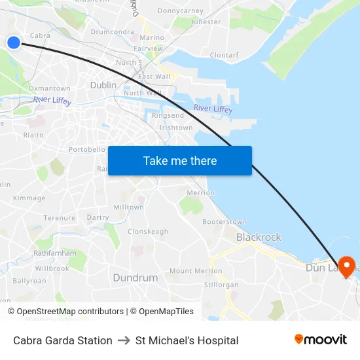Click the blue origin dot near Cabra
[x=14, y=43]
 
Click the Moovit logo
[x=320, y=340]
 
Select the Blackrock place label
[x=259, y=237]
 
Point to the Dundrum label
[x=135, y=278]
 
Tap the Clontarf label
[x=225, y=55]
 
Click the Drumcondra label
[x=113, y=31]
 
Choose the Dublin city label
[x=103, y=85]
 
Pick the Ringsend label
[x=168, y=115]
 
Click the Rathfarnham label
[x=50, y=253]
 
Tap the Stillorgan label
[x=221, y=285]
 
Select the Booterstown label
[x=225, y=222]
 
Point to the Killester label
[x=206, y=22]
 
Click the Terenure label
[x=60, y=217]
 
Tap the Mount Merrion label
[x=195, y=270]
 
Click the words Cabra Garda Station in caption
[x=63, y=340]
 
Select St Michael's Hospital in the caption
[x=187, y=340]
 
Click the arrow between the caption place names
[x=124, y=340]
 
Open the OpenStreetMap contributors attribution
[x=70, y=312]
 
